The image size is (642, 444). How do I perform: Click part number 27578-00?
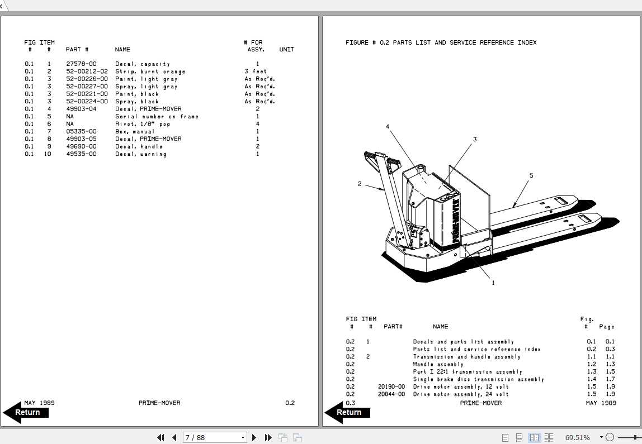tap(82, 64)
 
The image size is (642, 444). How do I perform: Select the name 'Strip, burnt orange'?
tap(150, 71)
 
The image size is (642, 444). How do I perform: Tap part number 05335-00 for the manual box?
tap(82, 131)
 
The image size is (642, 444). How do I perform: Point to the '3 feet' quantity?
tap(256, 71)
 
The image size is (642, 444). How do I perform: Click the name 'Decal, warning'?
tap(141, 154)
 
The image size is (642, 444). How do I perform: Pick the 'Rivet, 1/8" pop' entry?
tap(143, 124)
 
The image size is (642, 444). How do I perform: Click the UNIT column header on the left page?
tap(286, 50)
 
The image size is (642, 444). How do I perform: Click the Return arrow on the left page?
tap(26, 413)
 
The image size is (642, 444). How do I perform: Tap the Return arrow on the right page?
tap(347, 413)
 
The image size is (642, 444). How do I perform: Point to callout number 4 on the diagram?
tap(388, 127)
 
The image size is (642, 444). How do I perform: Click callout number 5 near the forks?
tap(531, 176)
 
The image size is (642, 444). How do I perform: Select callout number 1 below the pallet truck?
tap(493, 283)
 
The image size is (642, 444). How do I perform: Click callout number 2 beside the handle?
tap(360, 184)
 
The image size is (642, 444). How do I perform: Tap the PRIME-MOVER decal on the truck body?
tap(455, 221)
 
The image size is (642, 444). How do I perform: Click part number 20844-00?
tap(391, 394)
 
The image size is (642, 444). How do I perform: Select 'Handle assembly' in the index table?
tap(438, 364)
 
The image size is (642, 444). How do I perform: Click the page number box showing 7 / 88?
tap(215, 437)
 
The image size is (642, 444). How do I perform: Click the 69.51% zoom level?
tap(577, 437)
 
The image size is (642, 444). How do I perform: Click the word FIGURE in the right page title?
tap(357, 42)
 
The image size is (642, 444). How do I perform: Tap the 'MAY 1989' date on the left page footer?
tap(39, 403)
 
